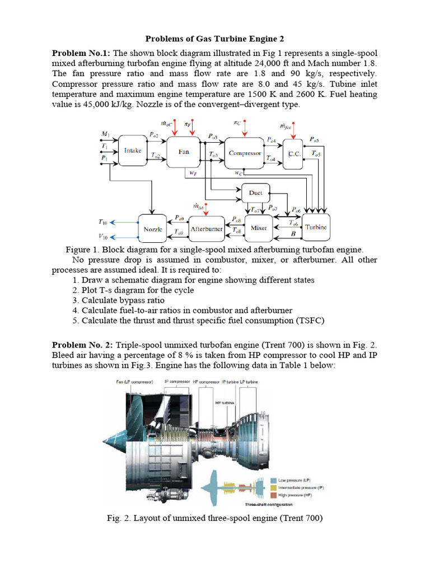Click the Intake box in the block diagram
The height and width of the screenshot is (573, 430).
tap(133, 151)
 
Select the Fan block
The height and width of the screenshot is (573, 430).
tap(184, 152)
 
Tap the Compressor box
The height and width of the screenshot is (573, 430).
tap(244, 153)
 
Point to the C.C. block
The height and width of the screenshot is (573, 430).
tap(293, 153)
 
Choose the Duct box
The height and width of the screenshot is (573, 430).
tap(255, 192)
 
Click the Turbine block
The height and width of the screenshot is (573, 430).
tap(316, 227)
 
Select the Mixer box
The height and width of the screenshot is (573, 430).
tap(259, 228)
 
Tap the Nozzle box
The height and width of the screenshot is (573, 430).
tap(153, 229)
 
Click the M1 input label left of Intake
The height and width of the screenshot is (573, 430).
tap(105, 134)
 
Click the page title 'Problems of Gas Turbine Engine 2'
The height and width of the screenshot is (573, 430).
tap(215, 39)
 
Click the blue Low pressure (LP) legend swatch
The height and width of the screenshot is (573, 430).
tap(273, 480)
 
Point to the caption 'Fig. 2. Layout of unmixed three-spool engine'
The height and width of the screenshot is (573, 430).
tap(215, 518)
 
